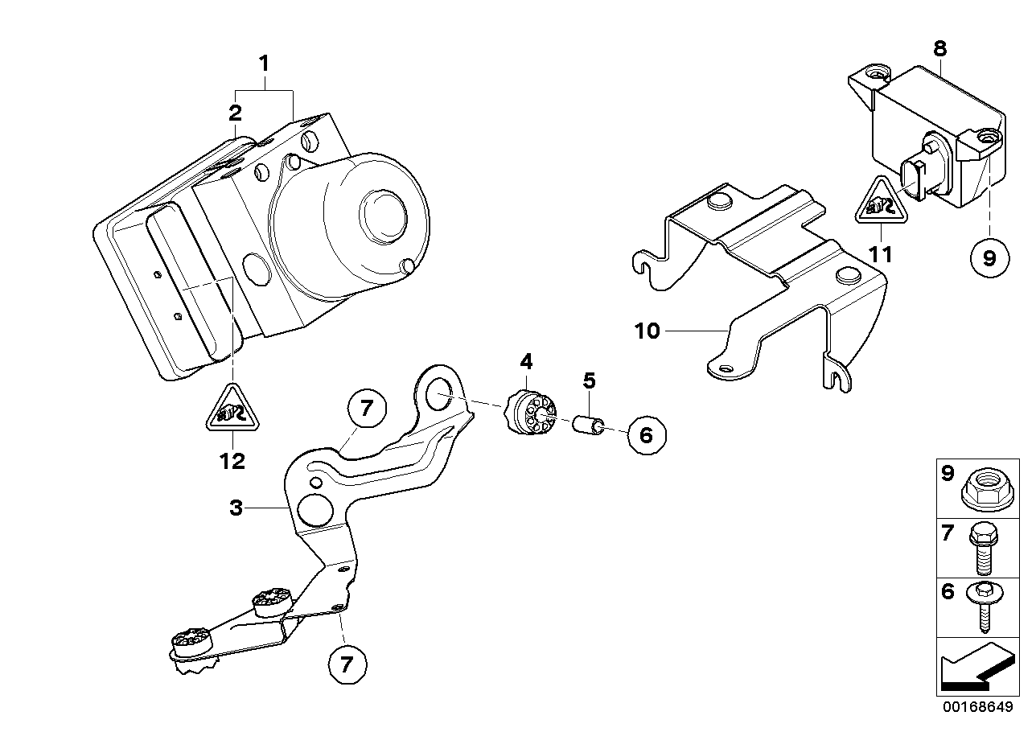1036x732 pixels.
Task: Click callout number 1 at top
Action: (x=263, y=62)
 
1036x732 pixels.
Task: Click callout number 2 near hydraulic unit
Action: (x=234, y=112)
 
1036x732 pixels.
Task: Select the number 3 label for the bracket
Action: (x=235, y=508)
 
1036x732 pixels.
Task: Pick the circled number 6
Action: (x=647, y=435)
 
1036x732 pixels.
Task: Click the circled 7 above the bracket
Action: (x=366, y=409)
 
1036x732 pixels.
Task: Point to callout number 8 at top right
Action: (x=939, y=47)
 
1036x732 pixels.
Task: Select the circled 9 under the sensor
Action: (x=989, y=257)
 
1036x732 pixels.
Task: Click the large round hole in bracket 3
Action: (x=314, y=509)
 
